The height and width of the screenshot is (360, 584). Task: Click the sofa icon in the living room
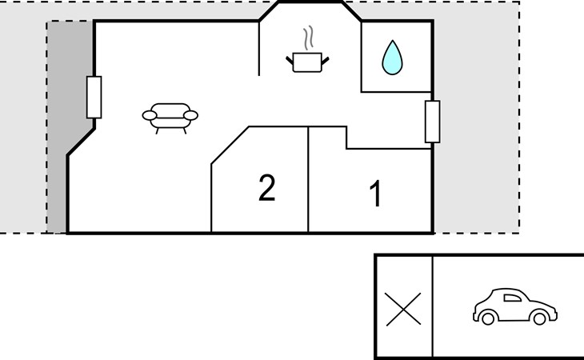170,118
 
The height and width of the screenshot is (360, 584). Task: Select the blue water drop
392,58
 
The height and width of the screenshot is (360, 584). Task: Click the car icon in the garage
515,306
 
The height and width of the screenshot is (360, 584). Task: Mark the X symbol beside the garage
403,309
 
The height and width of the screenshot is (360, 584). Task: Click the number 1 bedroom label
376,194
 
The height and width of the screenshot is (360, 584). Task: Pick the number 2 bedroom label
266,188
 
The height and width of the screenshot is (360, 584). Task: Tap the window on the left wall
94,97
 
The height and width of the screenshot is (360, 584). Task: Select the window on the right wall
433,122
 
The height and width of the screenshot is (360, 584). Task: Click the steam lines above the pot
308,38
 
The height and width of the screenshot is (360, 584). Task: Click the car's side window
512,298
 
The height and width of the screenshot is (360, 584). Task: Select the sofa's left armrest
150,115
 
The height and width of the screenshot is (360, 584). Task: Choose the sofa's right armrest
190,115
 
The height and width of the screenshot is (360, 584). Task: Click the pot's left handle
290,60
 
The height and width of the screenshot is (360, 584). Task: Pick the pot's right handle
325,61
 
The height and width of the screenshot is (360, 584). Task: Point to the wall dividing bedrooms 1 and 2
308,179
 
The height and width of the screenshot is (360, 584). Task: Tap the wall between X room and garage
433,306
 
